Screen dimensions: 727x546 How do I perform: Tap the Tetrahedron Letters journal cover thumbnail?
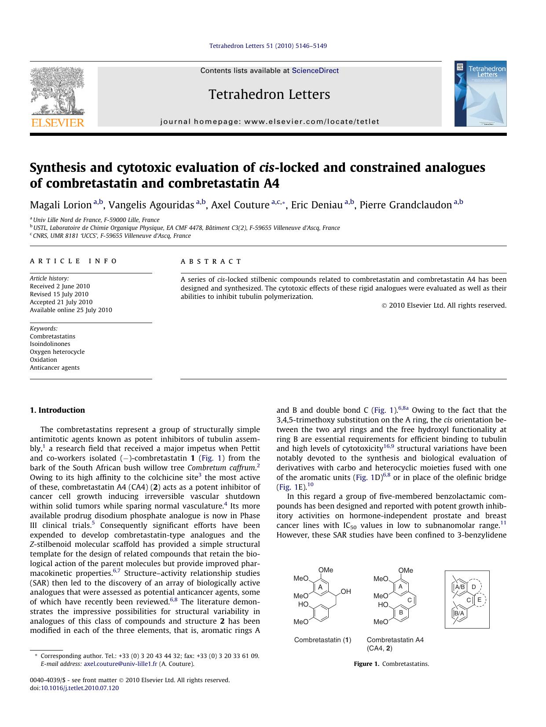(480, 94)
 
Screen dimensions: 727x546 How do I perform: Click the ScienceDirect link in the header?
(315, 70)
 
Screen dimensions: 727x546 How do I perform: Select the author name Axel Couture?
(240, 205)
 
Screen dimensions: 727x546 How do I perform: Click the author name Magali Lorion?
(61, 205)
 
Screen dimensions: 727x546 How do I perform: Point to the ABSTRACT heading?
(211, 262)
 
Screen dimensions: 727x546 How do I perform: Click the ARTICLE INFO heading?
(73, 261)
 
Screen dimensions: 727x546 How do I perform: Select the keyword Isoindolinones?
(50, 344)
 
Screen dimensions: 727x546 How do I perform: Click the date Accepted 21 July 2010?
(61, 302)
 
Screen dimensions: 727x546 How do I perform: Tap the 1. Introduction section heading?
(58, 410)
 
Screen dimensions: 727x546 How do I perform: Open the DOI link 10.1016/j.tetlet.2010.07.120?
(80, 688)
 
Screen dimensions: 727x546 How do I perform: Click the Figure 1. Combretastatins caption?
(391, 664)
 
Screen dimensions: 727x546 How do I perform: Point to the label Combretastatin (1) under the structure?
(322, 640)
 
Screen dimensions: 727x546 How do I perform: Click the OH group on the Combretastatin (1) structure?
(346, 592)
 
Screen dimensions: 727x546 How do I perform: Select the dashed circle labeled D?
(474, 587)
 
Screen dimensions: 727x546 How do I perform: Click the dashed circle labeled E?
(480, 600)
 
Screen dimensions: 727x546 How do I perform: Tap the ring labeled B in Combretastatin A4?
(401, 612)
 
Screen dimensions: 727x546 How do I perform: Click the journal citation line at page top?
(268, 46)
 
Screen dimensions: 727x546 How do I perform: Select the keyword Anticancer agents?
(55, 367)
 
